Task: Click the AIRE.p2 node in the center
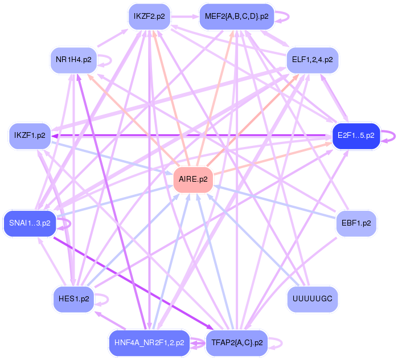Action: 192,179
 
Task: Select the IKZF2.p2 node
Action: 149,17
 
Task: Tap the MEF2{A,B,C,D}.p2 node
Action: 237,17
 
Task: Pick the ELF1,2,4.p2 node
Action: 312,59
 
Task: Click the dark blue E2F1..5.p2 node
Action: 355,136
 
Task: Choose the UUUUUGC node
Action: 312,298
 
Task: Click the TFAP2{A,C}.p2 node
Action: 237,343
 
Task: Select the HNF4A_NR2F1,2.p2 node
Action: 149,343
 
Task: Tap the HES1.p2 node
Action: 74,298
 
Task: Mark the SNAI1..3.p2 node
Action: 30,223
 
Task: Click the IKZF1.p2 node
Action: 30,136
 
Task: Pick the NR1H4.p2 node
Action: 74,59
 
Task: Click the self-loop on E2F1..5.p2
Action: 390,136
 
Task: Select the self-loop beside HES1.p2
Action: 105,298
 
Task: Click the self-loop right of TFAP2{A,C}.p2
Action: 278,343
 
